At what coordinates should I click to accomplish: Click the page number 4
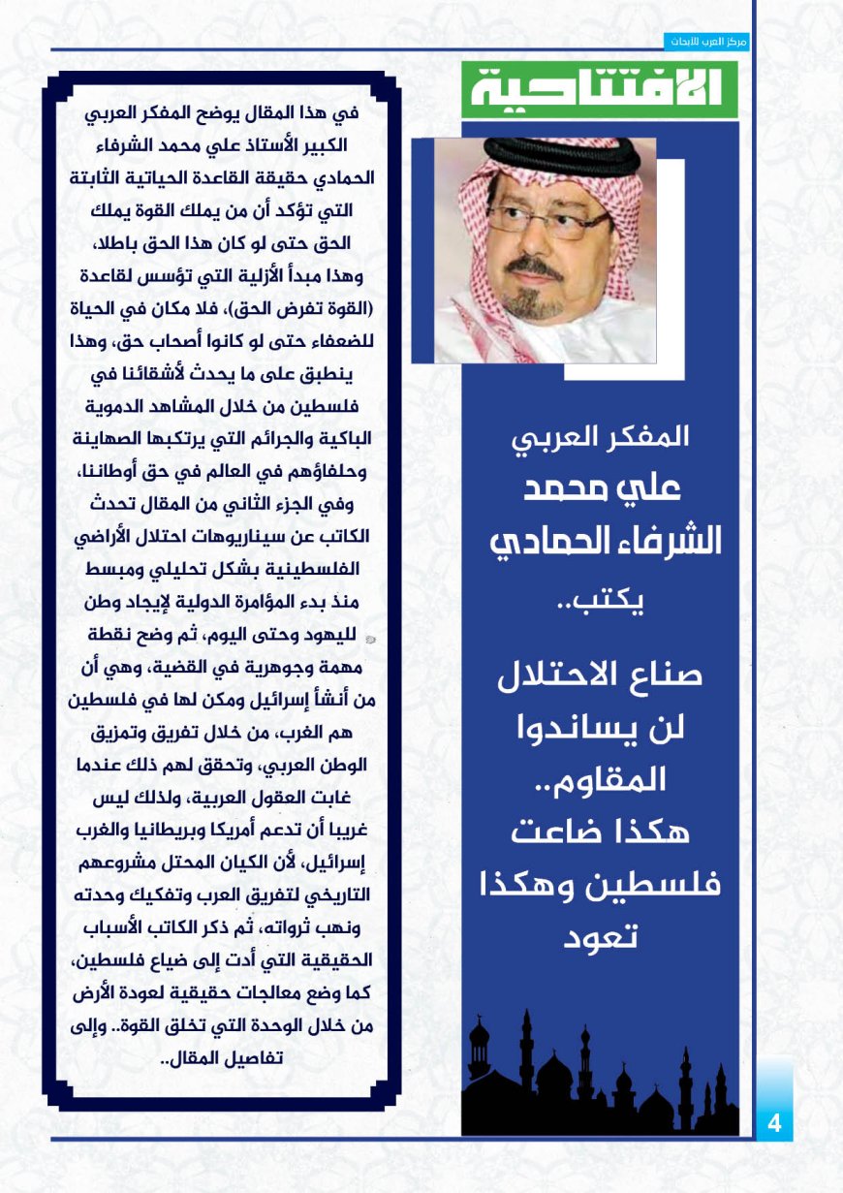click(773, 1124)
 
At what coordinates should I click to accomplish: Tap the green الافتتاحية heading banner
click(599, 89)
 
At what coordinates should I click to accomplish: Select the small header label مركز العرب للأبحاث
click(708, 42)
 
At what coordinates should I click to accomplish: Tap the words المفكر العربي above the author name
click(600, 436)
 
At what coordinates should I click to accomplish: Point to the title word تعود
click(600, 936)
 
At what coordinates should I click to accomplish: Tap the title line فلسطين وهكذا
click(600, 884)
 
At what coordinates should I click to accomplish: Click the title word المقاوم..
click(600, 779)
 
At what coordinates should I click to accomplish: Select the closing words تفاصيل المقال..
click(218, 1059)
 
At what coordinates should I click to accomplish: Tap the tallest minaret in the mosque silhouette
click(526, 1052)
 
